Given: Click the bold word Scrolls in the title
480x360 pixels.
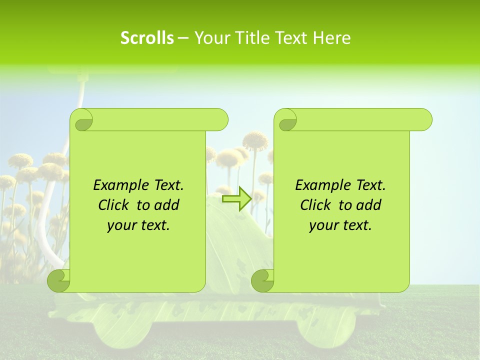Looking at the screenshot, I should [x=147, y=38].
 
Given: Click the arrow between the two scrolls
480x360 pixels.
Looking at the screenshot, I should [x=236, y=199].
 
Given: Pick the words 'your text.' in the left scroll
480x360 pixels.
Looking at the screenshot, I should [x=138, y=225].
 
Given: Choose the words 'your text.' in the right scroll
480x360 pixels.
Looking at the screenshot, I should [x=340, y=225].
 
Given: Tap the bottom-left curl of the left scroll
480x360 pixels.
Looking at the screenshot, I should [x=58, y=280].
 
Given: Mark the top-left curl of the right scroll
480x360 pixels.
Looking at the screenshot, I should [x=286, y=120].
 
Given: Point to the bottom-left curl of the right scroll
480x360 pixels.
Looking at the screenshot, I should [x=262, y=280].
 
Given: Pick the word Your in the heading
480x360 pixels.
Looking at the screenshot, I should [x=208, y=38].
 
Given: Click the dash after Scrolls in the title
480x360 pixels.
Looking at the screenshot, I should [x=183, y=38].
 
